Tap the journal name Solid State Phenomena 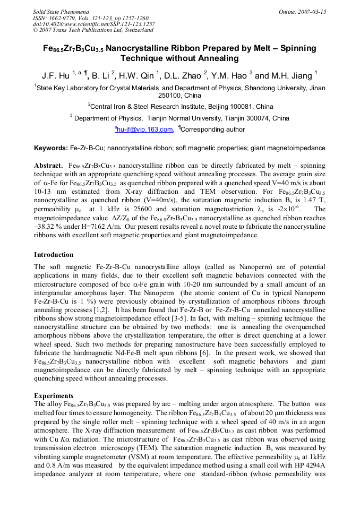point(61,12)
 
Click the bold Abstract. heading point(49,166)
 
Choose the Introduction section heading point(55,254)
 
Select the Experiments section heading point(54,396)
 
